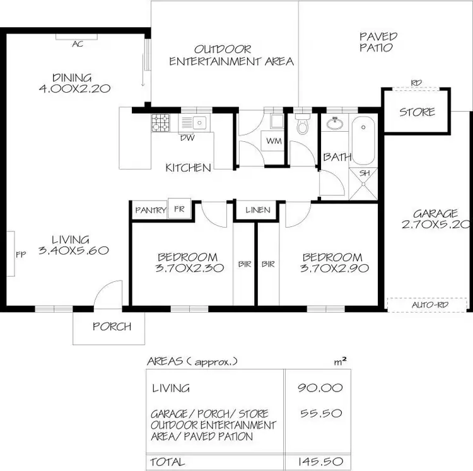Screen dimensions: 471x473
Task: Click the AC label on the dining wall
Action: click(78, 44)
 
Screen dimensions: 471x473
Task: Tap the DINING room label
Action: click(74, 83)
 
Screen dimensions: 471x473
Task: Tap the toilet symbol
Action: click(303, 125)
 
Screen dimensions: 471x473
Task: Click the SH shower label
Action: click(365, 173)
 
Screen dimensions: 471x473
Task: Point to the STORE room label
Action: click(417, 112)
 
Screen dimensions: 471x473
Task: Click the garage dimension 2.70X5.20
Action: click(436, 224)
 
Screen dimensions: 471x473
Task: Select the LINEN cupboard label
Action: click(258, 210)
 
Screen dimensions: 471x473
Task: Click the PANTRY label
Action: click(151, 211)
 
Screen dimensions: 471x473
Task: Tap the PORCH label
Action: click(112, 327)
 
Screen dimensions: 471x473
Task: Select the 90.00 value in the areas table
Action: click(320, 388)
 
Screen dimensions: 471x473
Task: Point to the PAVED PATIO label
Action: click(377, 42)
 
